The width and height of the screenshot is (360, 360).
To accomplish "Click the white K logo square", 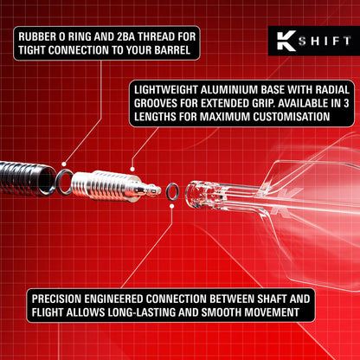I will coord(282,42).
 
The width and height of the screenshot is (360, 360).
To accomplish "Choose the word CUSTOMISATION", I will coord(285,117).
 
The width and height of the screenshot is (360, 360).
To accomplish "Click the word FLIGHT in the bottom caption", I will coord(51,310).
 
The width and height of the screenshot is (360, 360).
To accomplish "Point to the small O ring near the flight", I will coord(172,189).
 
